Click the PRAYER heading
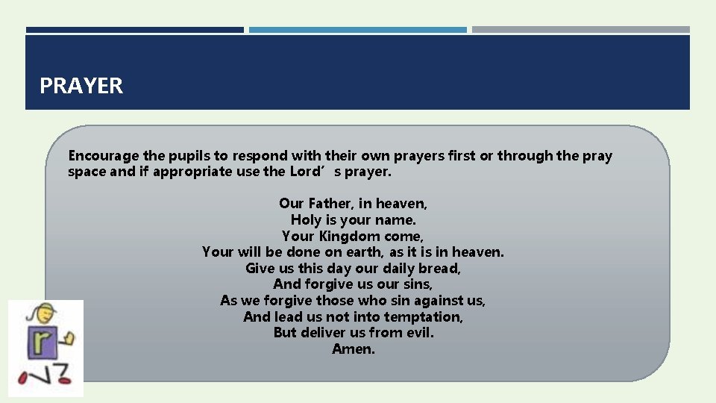coord(81,86)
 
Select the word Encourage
coord(104,156)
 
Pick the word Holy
coord(306,219)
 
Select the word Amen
coord(353,349)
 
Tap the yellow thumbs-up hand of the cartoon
coord(69,339)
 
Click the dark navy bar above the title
coord(134,30)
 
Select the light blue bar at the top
coord(358,30)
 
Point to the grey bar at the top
coord(581,30)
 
